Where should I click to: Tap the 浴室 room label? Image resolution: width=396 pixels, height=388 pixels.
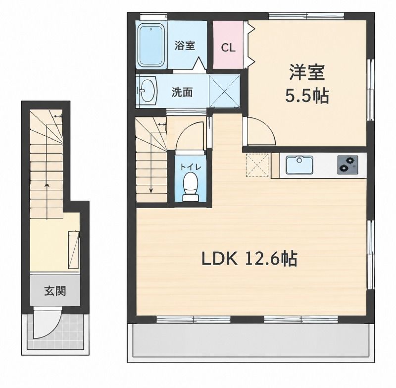tap(185, 46)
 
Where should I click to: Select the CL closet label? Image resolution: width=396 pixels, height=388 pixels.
tap(228, 47)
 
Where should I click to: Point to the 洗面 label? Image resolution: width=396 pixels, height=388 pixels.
tap(182, 93)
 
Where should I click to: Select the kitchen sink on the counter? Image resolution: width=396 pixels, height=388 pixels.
tap(299, 165)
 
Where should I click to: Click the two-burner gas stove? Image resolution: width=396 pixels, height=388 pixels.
tap(347, 165)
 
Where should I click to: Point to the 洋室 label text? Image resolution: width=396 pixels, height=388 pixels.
tap(306, 72)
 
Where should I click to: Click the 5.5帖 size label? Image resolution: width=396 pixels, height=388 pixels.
tap(307, 96)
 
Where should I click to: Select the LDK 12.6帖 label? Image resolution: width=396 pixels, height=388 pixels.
tap(249, 259)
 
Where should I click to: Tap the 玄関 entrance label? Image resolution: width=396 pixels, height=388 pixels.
tap(55, 291)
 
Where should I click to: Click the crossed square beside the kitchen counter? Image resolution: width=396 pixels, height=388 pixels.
tap(257, 166)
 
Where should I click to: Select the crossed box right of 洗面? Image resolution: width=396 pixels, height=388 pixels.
tap(225, 91)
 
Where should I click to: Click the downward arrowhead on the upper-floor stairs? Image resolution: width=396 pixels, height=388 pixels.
tap(151, 191)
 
